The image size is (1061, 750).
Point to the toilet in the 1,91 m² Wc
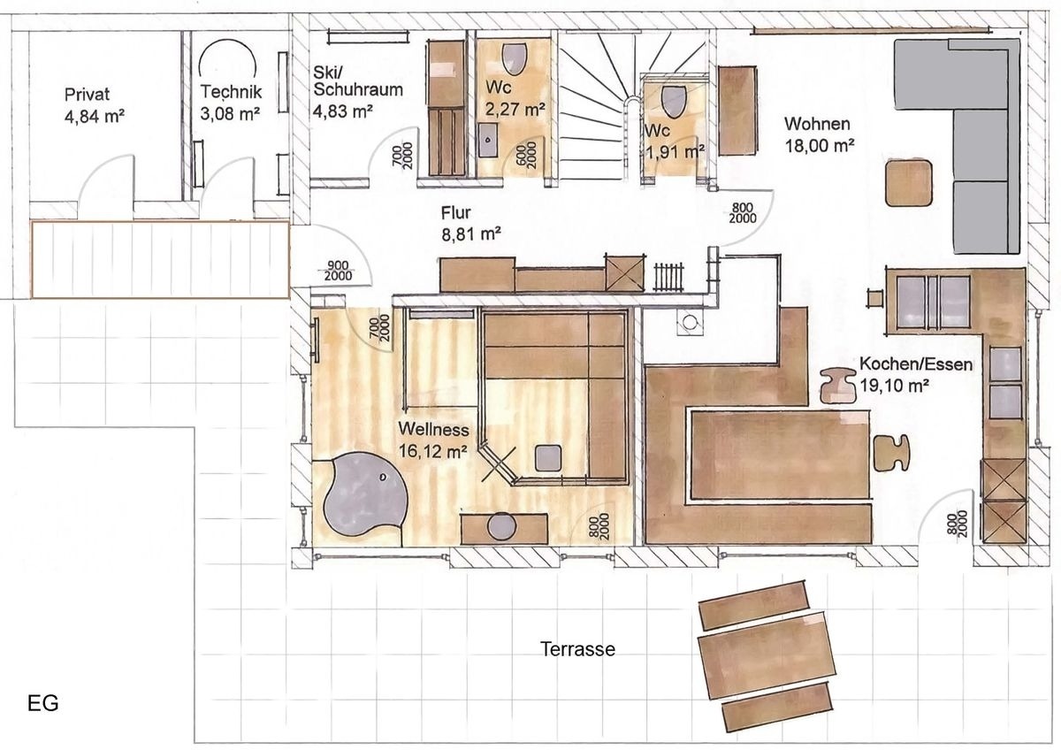pyautogui.click(x=674, y=101)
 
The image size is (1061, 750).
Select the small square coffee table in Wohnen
pyautogui.click(x=909, y=182)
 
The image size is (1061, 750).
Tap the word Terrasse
pyautogui.click(x=577, y=649)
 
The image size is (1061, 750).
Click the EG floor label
pyautogui.click(x=42, y=704)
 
